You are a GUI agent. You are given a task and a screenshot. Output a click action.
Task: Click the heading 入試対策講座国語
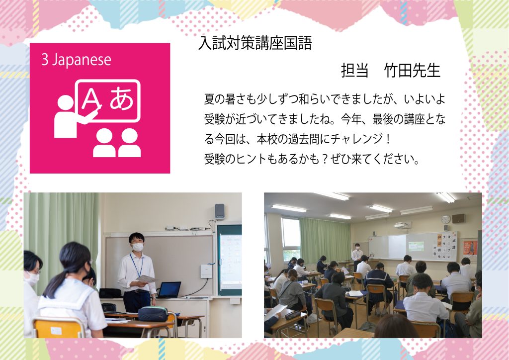click(255, 43)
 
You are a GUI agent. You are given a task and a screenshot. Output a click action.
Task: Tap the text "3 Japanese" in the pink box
click(76, 60)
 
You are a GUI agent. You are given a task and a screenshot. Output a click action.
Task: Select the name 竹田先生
click(412, 71)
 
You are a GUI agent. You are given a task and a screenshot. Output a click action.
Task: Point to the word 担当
click(355, 71)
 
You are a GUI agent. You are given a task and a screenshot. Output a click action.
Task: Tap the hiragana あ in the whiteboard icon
click(122, 98)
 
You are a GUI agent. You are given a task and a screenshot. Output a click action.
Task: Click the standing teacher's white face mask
click(138, 247)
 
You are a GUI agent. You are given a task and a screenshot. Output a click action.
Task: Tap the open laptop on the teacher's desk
click(169, 289)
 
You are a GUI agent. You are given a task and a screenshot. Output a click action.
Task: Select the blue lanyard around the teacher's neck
click(136, 265)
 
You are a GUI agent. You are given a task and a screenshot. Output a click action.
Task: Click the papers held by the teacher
click(146, 278)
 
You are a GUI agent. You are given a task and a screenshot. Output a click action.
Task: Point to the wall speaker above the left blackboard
click(220, 211)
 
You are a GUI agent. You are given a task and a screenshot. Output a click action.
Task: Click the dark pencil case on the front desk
click(153, 314)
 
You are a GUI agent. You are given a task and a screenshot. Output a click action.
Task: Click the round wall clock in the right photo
click(446, 220)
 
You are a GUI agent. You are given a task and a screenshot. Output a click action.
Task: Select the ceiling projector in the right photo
click(402, 225)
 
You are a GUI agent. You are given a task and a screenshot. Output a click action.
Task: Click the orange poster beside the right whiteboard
click(470, 248)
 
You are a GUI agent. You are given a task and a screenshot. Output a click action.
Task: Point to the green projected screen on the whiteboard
click(416, 247)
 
